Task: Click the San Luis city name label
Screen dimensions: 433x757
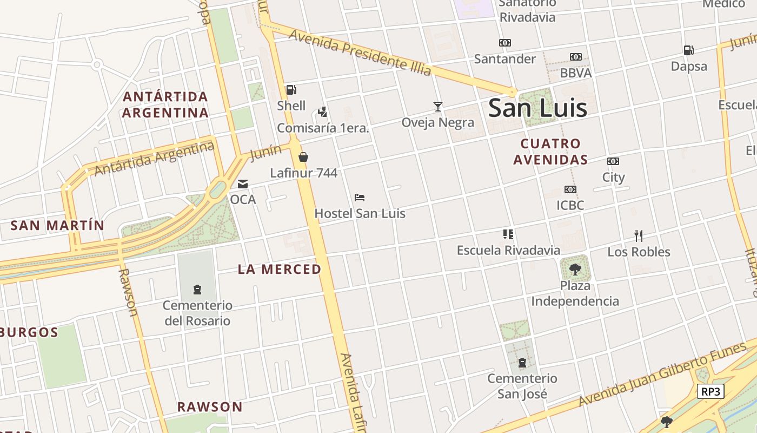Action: point(537,108)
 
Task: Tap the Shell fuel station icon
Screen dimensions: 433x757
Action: point(291,90)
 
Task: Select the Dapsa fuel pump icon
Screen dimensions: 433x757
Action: point(688,50)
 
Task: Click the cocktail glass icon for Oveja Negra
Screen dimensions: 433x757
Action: point(438,106)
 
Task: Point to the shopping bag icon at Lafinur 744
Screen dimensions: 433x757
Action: point(303,157)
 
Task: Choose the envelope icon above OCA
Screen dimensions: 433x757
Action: point(243,184)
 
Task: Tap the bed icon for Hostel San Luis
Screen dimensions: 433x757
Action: point(360,198)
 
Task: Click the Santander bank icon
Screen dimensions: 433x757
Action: point(505,43)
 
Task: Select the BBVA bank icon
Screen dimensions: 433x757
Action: point(576,57)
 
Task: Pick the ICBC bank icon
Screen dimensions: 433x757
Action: point(570,189)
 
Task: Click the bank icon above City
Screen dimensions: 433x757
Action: point(613,161)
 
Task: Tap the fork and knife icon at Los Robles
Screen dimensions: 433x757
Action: point(639,235)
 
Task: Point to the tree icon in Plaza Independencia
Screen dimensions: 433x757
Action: point(575,268)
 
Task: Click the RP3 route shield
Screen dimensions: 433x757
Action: point(710,391)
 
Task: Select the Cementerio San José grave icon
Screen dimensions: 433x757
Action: point(522,362)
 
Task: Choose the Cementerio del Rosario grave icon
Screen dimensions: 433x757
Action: point(197,290)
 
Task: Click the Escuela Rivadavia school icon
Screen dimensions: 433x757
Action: point(508,234)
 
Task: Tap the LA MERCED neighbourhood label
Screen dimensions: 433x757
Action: point(280,269)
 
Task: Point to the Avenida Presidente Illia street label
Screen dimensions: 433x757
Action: point(360,52)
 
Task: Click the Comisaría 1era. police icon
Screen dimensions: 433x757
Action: point(323,112)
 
